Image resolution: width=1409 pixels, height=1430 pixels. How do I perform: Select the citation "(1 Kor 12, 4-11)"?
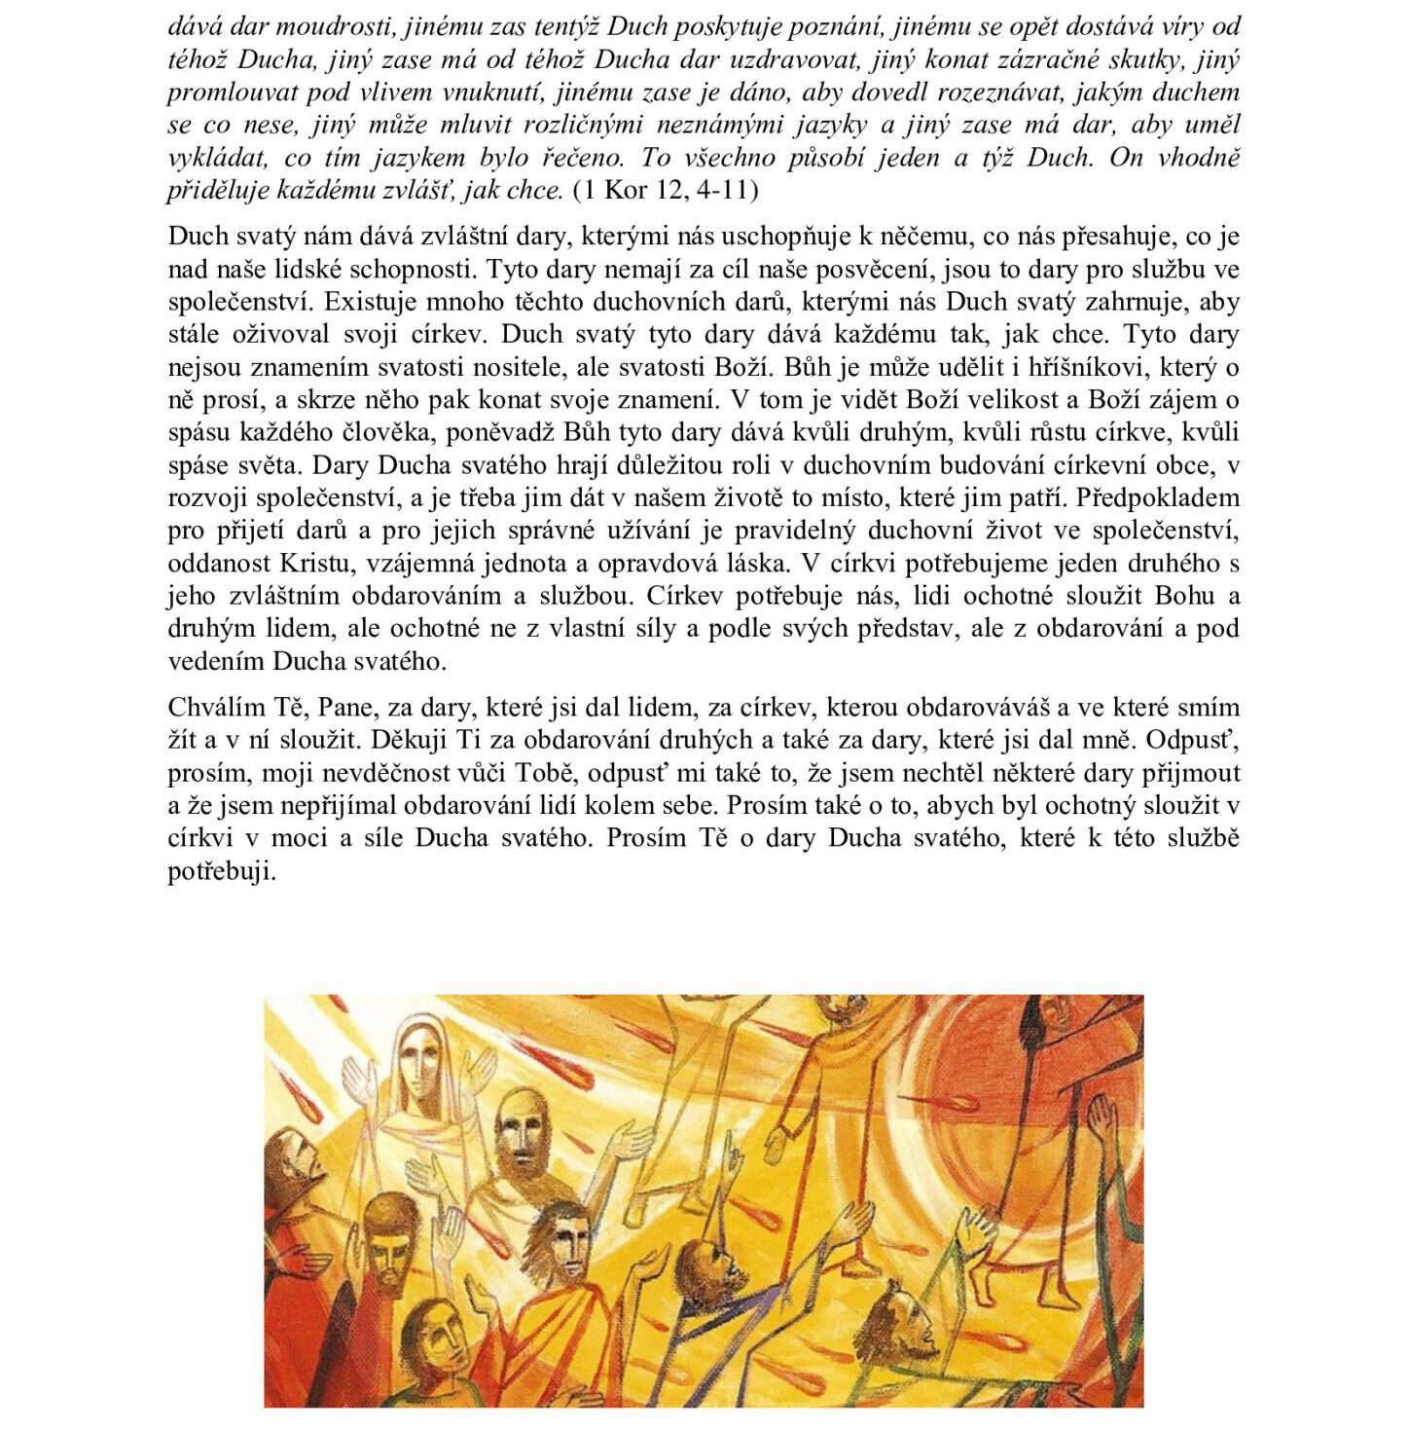(x=667, y=189)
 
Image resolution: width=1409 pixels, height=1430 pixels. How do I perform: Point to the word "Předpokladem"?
(x=1158, y=497)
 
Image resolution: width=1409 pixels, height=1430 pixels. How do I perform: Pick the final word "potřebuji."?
(x=222, y=871)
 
